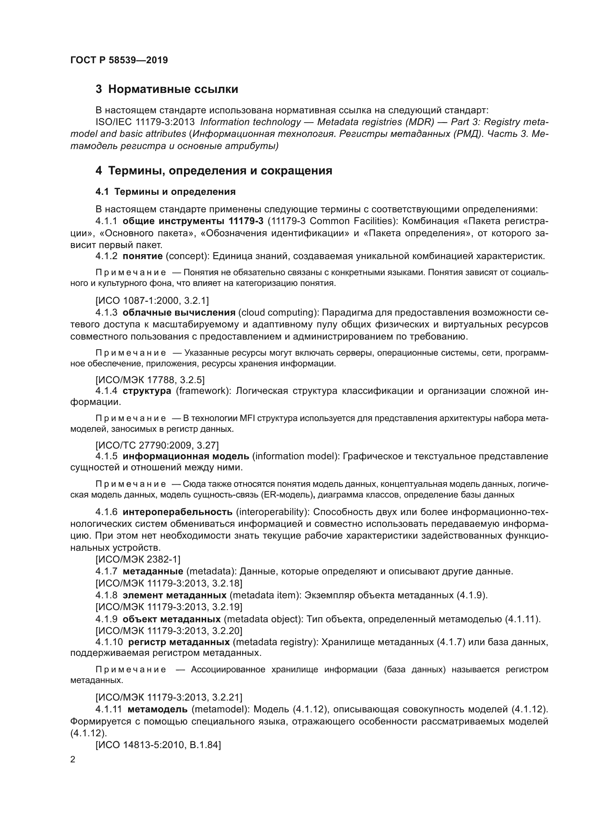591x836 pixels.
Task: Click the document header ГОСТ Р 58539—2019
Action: tap(119, 60)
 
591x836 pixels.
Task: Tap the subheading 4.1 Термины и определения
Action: tap(165, 192)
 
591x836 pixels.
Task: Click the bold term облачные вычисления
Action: tap(179, 312)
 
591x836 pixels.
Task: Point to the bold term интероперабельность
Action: tap(178, 512)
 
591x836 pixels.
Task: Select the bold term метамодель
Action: tap(158, 709)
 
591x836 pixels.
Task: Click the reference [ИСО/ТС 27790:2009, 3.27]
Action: tap(157, 445)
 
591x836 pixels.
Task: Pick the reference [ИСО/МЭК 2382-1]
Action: tap(138, 559)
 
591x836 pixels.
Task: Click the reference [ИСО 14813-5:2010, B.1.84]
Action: tap(158, 745)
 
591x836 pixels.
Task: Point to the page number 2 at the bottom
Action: tap(73, 760)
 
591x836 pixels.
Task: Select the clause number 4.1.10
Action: tap(109, 642)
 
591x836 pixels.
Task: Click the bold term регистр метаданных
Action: tap(179, 642)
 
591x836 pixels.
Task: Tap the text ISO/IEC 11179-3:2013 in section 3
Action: tap(145, 122)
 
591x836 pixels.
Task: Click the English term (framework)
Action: tap(203, 391)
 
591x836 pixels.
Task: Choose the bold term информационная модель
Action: tap(185, 456)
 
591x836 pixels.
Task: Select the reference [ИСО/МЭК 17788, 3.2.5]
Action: tap(150, 380)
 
